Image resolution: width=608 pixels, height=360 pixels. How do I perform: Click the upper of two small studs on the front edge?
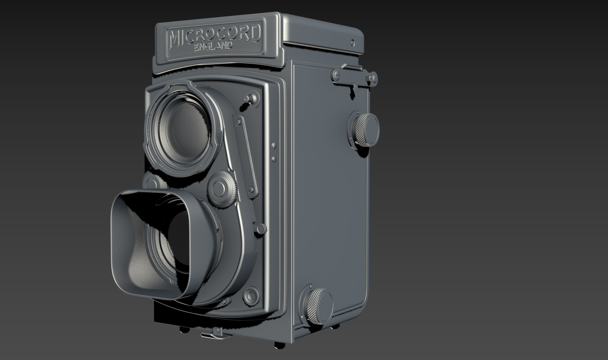(x=274, y=145)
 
